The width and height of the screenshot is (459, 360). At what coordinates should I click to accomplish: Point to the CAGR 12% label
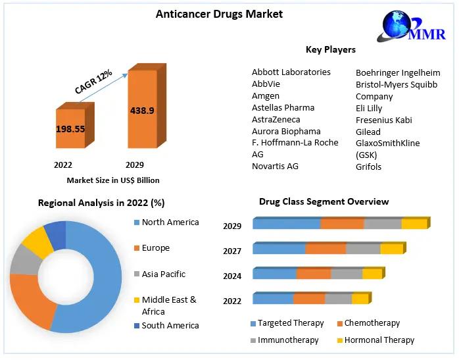93,82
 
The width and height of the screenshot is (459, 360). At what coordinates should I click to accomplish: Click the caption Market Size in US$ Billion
113,180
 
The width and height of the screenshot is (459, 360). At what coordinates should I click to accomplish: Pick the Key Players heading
331,49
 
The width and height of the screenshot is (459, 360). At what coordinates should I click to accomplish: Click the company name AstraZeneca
276,119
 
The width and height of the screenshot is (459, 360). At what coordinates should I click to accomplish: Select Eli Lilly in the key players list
369,108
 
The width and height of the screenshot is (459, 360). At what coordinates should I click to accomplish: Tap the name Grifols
368,167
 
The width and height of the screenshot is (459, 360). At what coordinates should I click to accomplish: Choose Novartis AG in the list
275,166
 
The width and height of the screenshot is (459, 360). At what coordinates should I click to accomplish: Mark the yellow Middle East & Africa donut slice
37,242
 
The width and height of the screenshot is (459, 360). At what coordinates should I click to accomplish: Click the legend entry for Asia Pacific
163,274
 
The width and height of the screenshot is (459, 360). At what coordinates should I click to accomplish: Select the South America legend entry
170,325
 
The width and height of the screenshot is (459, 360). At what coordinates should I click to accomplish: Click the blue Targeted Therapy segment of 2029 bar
287,224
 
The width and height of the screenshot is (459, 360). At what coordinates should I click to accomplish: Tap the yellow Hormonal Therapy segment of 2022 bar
360,299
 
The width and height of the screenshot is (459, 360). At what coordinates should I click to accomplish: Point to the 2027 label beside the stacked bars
232,251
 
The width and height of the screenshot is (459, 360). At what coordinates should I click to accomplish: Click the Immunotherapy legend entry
288,340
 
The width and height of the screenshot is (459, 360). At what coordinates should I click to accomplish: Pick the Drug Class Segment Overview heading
324,201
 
